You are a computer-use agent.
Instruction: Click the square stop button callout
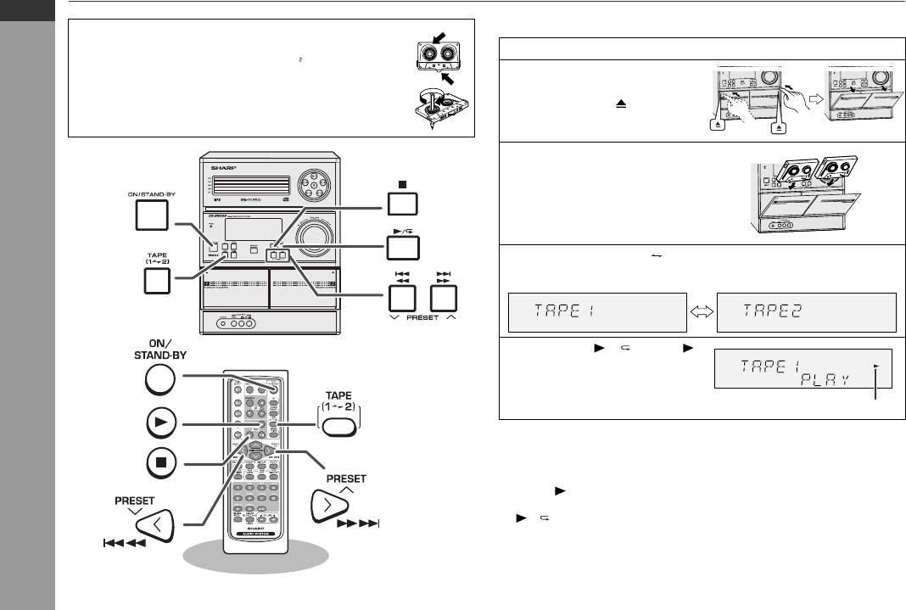click(403, 204)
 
